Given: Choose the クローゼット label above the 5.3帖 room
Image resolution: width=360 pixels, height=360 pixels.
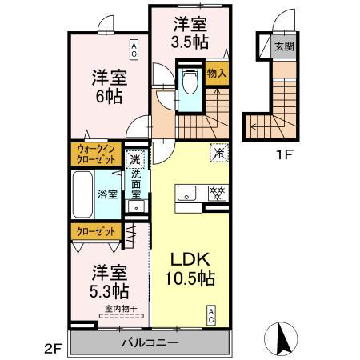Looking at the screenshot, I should [x=95, y=231].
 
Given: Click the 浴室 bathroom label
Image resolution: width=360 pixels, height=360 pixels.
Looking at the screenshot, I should [x=108, y=194].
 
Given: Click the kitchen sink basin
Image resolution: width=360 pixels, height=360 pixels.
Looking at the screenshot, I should [x=187, y=193].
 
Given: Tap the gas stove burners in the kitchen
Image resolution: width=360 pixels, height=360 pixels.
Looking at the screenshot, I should [x=216, y=193].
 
